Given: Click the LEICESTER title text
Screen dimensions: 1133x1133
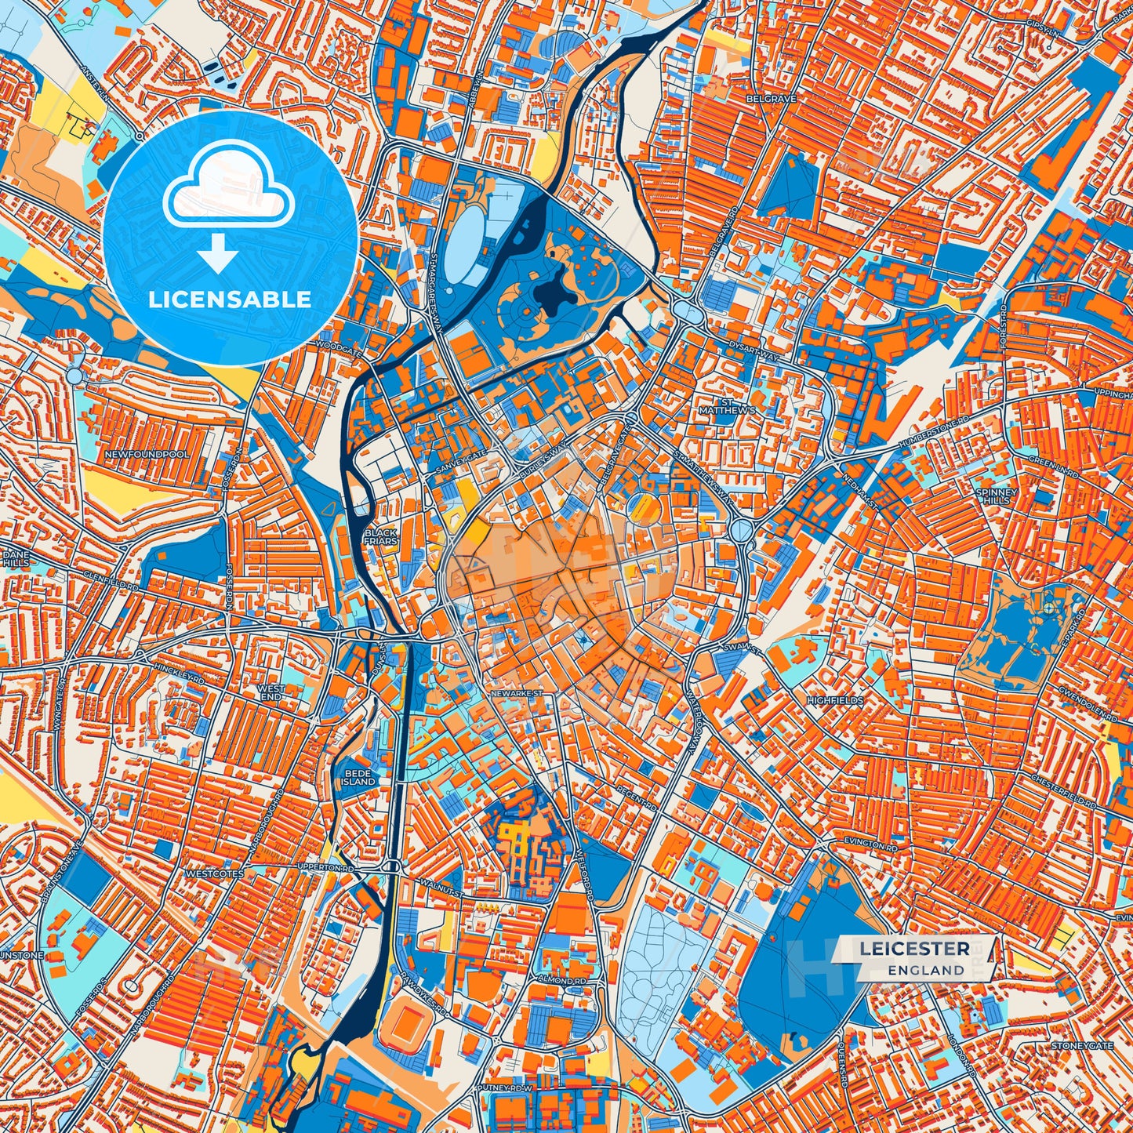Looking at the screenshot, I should (x=913, y=949).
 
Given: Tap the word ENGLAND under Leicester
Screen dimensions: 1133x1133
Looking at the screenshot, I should (x=926, y=970).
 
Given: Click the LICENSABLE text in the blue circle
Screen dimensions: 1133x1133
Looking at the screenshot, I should (x=230, y=300).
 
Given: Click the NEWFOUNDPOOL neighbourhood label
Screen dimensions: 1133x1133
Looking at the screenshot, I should (x=155, y=455).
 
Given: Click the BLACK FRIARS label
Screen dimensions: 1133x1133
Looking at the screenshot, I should (x=381, y=537).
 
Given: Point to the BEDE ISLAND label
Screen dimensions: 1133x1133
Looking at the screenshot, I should (x=360, y=777).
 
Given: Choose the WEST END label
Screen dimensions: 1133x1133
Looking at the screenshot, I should (x=271, y=692).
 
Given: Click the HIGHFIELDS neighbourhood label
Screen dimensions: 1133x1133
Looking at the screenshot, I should (x=835, y=700).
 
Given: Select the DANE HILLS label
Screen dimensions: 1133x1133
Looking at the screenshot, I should (x=13, y=557).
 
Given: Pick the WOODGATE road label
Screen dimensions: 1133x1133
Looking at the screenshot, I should (x=338, y=347).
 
